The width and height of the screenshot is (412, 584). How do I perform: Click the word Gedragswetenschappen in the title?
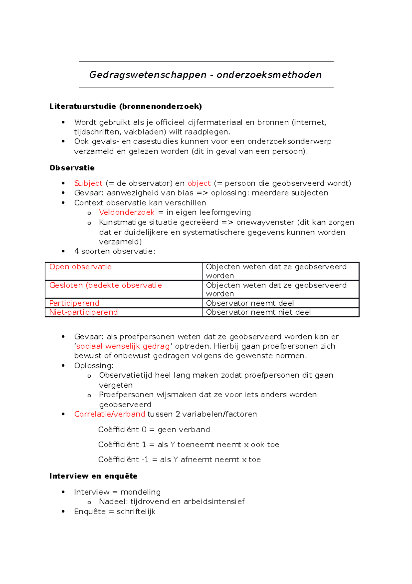(148, 75)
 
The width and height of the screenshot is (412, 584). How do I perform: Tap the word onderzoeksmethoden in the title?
(269, 75)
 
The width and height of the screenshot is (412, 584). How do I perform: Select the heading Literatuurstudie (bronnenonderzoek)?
(126, 106)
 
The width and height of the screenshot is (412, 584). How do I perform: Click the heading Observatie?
(72, 168)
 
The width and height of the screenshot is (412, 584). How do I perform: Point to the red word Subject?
(88, 183)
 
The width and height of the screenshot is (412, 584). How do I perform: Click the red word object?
(199, 183)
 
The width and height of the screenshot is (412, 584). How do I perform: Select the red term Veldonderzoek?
(126, 213)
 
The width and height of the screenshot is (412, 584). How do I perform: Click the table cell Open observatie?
(80, 267)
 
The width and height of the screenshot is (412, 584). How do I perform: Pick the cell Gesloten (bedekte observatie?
(105, 285)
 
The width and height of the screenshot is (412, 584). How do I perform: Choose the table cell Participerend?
(74, 303)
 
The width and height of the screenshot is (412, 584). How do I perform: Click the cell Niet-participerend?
(83, 312)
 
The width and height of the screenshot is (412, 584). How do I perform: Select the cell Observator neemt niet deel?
(258, 312)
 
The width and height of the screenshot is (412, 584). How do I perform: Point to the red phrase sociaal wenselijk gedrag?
(123, 346)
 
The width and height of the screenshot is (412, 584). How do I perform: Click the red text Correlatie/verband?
(110, 414)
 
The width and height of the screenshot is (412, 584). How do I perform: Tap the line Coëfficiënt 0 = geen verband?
(154, 430)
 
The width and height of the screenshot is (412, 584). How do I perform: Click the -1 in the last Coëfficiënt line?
(145, 460)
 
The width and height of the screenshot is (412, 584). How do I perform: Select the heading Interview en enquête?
(93, 476)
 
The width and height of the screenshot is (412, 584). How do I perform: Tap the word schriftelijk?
(136, 511)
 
